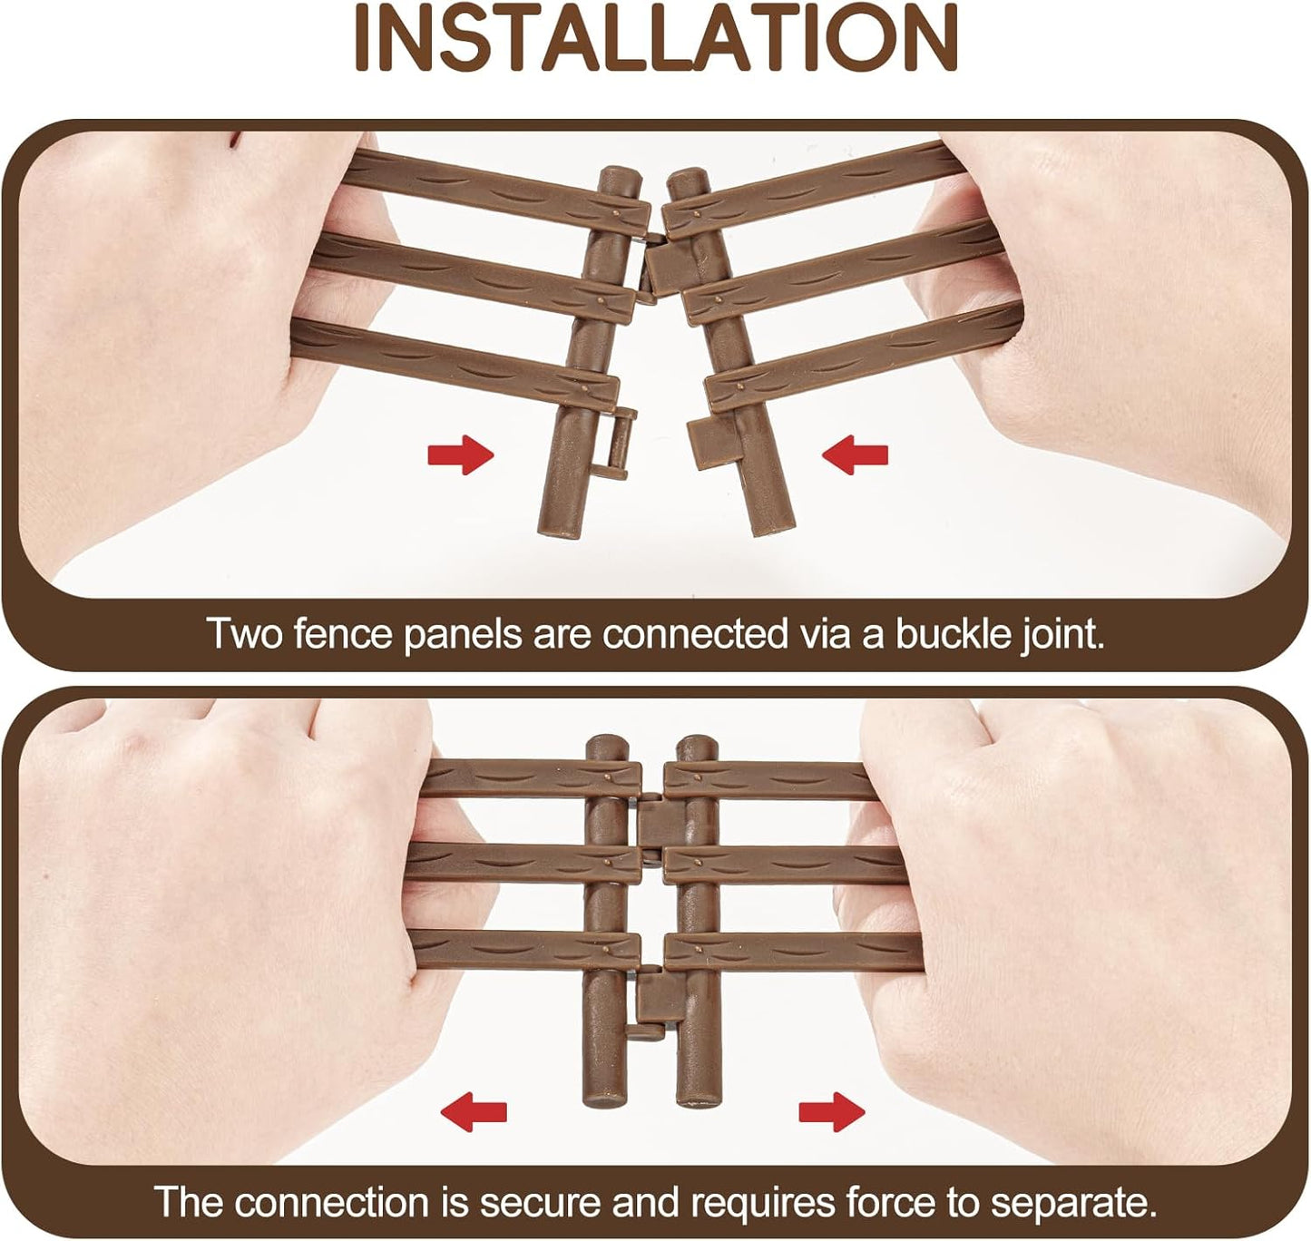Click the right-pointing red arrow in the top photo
461,454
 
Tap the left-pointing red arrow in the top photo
855,454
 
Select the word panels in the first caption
462,633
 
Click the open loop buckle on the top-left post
613,445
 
